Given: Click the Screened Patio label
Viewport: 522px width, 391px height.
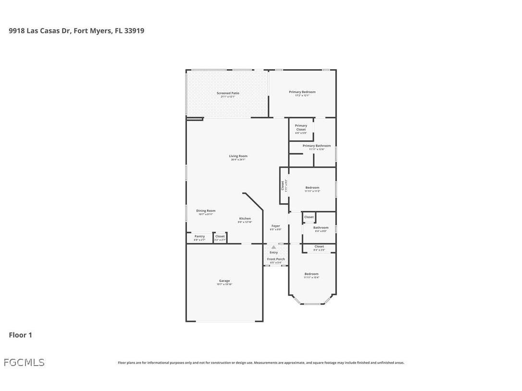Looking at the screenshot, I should [228, 93].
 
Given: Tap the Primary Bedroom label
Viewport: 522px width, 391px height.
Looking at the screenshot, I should [302, 92].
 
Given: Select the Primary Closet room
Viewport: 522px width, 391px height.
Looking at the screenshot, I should [301, 129].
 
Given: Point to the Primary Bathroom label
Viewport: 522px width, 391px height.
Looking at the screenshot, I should [316, 146].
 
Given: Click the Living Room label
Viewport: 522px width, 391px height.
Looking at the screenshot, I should [238, 156].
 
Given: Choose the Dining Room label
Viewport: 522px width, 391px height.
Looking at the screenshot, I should [206, 211].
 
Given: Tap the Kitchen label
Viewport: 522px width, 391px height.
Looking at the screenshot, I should [245, 219].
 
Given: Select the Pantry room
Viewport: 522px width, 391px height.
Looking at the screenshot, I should [199, 237].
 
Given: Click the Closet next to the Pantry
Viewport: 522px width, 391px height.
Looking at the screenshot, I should [220, 237].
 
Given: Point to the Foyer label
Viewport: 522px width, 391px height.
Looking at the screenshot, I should [275, 226].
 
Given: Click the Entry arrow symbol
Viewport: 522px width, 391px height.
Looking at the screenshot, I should [273, 247].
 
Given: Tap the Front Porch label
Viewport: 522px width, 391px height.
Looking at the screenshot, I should [276, 259].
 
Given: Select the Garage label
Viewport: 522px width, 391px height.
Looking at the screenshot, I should [224, 281].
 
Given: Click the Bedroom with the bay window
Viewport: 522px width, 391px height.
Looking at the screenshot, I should [311, 274].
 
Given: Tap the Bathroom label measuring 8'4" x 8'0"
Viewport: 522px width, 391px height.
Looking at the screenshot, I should [321, 228].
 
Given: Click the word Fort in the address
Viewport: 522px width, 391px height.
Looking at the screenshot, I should [81, 31].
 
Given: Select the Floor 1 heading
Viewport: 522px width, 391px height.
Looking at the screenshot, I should [20, 335].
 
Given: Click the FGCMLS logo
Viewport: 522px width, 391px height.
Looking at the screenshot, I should [24, 362].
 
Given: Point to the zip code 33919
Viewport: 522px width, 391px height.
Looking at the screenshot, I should [135, 31].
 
